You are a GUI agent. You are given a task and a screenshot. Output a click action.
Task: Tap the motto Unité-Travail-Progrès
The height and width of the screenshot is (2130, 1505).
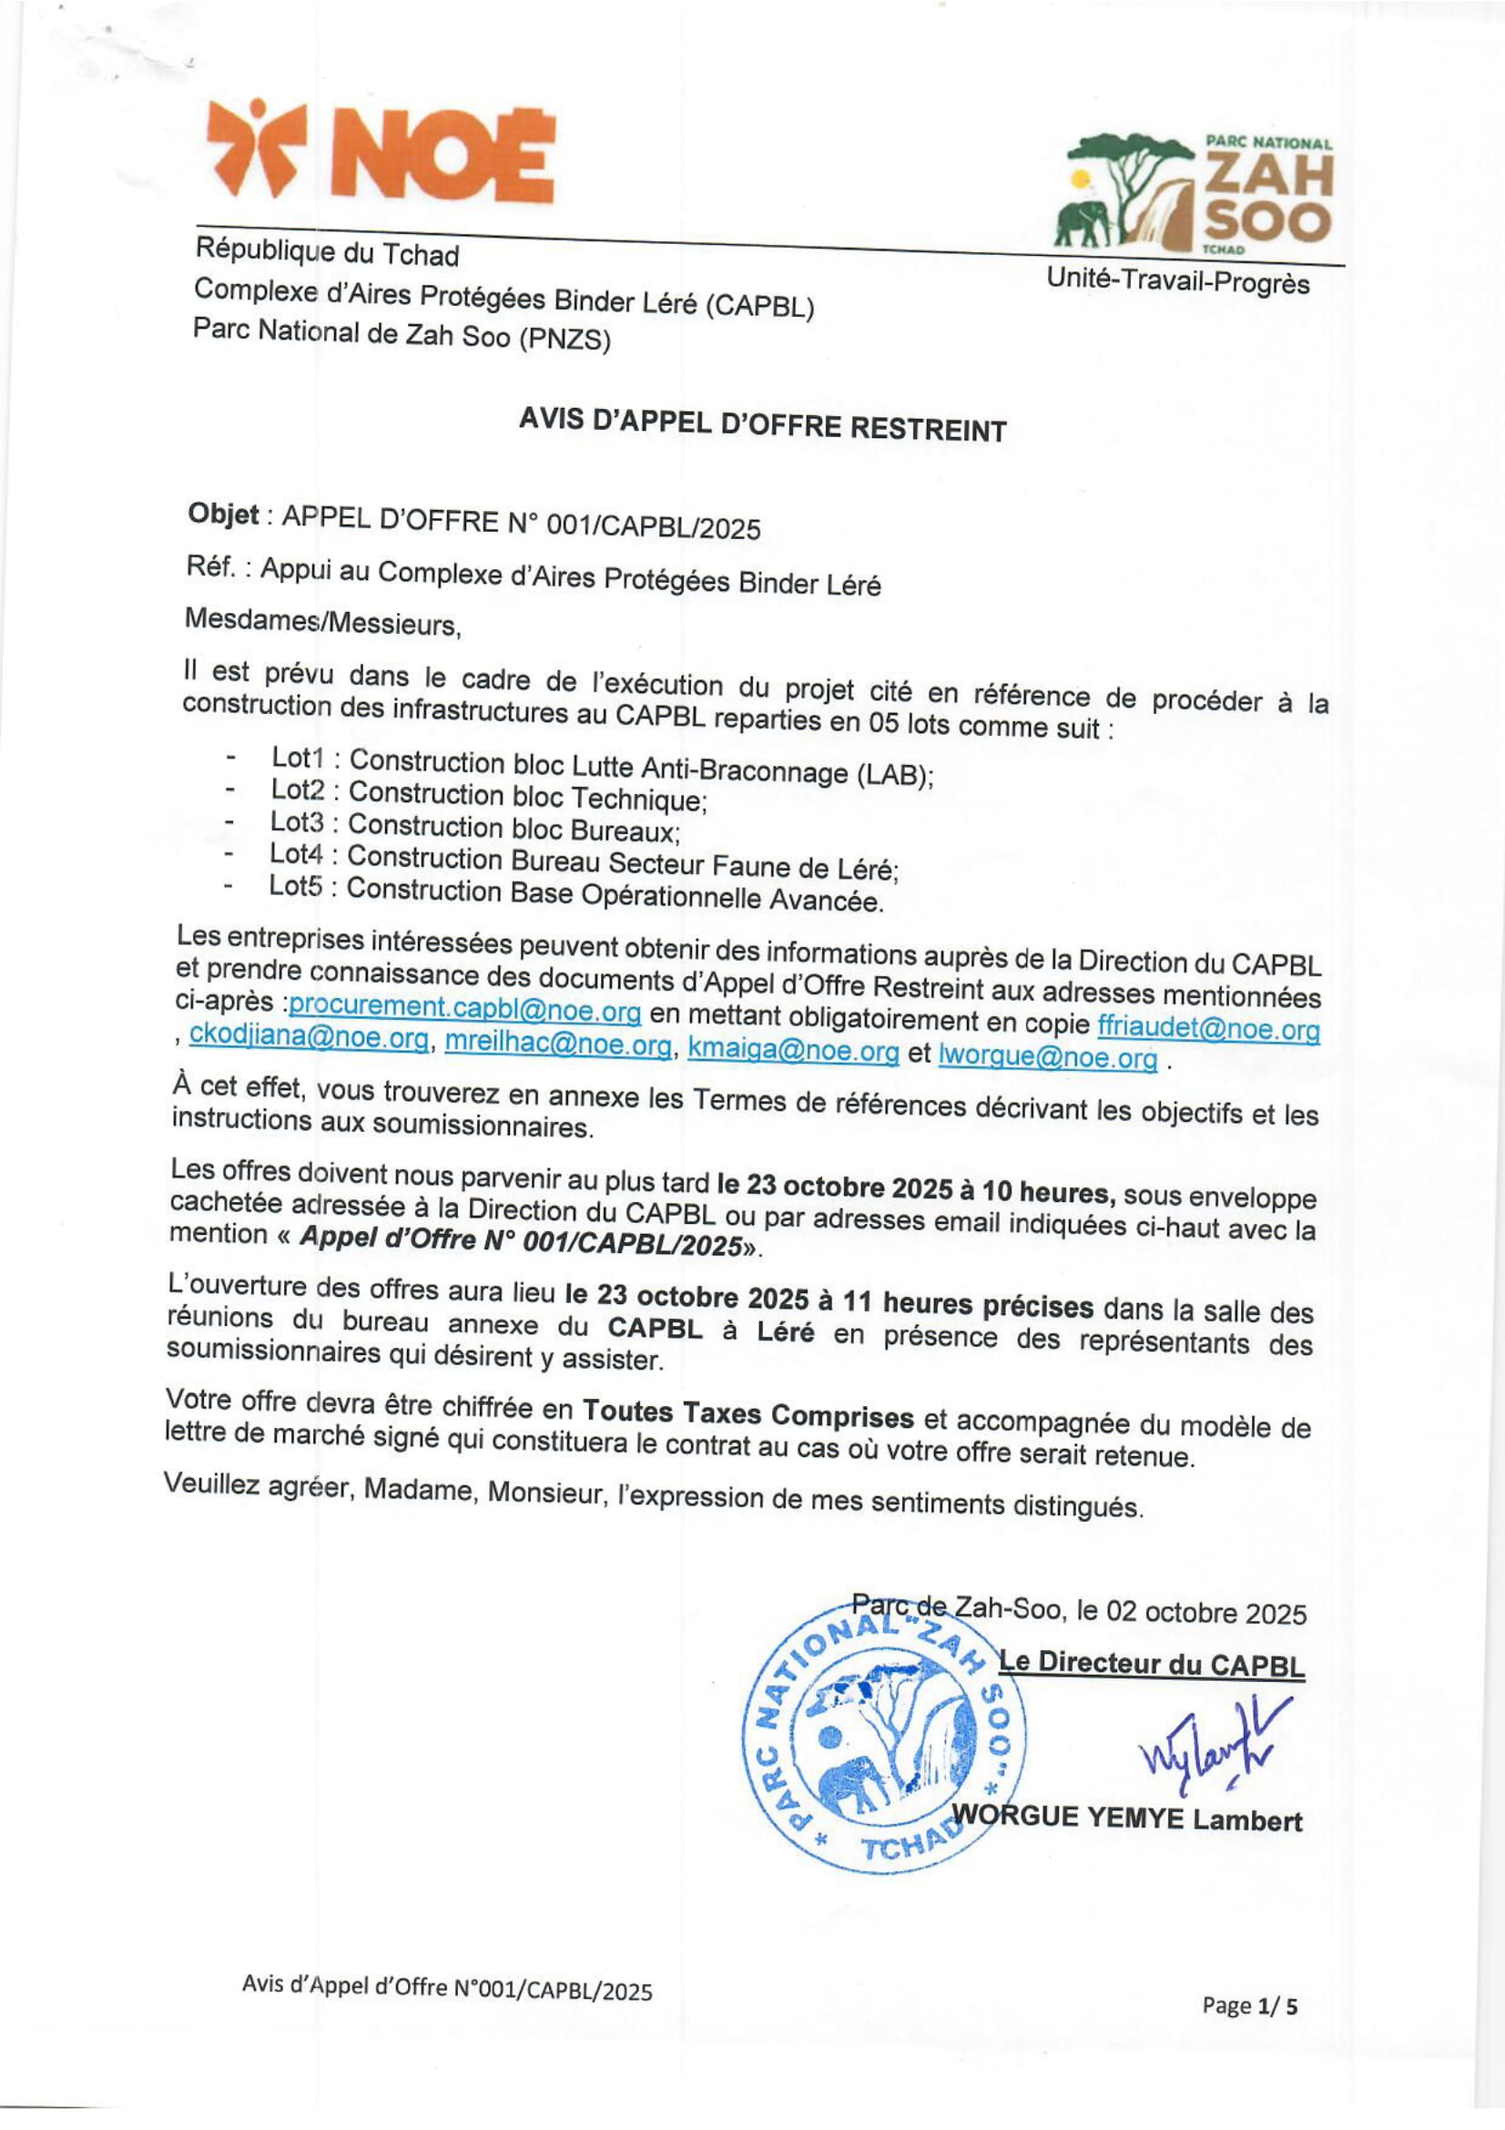coord(1177,281)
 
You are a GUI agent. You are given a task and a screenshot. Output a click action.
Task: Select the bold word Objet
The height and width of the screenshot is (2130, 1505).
coord(222,514)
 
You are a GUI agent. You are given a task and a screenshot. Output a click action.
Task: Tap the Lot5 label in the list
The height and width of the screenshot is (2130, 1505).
coord(296,886)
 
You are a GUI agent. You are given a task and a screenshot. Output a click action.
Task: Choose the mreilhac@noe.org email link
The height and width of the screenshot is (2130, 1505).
coord(558,1045)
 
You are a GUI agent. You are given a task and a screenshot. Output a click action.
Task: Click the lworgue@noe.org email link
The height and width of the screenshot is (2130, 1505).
coord(1048,1057)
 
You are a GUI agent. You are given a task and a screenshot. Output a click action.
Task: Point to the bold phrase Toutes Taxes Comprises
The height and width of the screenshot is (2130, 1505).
coord(747,1415)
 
